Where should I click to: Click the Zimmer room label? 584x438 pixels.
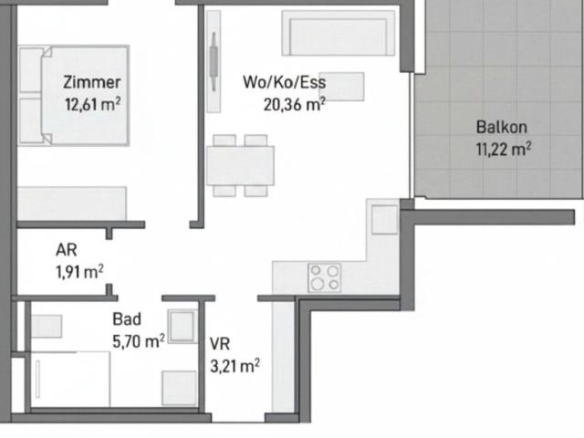91,83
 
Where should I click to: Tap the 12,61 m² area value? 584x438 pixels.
93,104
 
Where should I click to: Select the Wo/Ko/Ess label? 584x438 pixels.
285,82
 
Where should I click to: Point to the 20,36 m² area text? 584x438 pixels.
295,105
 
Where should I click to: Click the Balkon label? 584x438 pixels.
502,128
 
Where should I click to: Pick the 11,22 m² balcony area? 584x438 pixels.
504,149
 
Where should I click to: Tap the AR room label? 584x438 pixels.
67,250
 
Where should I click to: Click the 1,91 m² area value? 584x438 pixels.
79,272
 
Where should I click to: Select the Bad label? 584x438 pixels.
127,319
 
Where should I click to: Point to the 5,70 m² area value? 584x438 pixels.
139,341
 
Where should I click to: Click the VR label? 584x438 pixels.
220,344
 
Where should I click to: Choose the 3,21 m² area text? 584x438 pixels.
235,366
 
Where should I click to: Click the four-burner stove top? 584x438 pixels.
325,277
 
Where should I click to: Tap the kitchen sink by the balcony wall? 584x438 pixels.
385,219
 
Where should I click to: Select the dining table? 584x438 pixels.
241,166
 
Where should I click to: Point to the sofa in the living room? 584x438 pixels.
339,33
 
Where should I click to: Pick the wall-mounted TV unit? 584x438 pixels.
214,61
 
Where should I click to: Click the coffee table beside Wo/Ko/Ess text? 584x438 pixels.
341,87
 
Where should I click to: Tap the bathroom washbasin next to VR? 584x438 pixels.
182,327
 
